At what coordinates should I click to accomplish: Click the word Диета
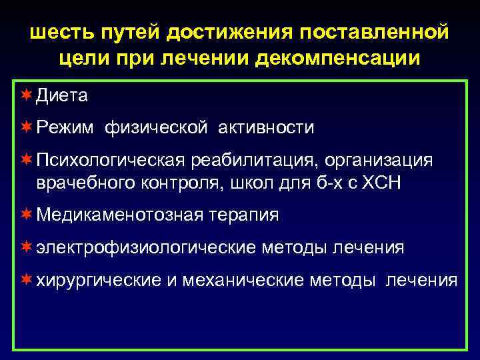pos(61,96)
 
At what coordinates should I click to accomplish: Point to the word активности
pos(265,127)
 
